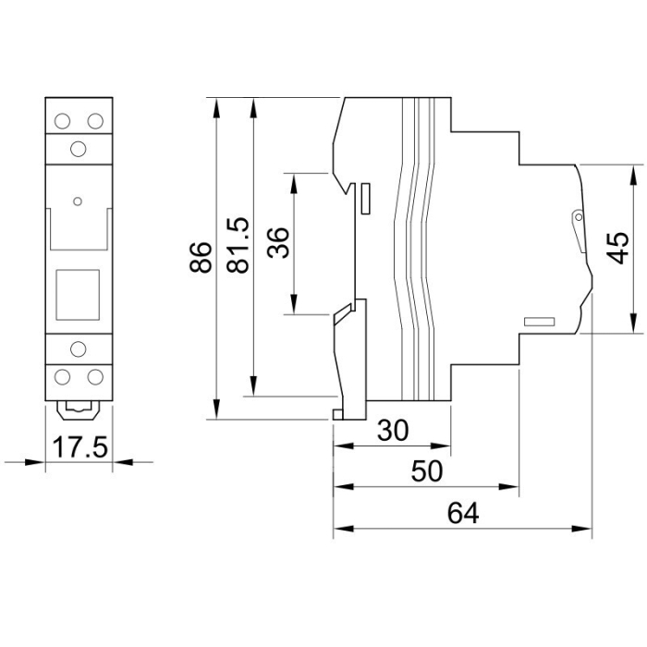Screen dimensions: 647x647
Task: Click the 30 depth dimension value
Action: coord(394,431)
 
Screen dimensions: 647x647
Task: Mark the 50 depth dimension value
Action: coord(427,471)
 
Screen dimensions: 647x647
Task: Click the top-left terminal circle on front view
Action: coord(63,121)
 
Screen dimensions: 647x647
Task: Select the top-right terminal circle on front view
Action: coord(94,121)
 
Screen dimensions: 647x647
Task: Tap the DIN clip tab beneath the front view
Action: coord(79,406)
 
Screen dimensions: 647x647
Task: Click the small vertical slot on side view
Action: coord(366,197)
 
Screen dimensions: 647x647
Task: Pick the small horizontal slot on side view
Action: coord(538,322)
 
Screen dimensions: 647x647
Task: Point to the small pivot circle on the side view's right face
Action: coord(578,218)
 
